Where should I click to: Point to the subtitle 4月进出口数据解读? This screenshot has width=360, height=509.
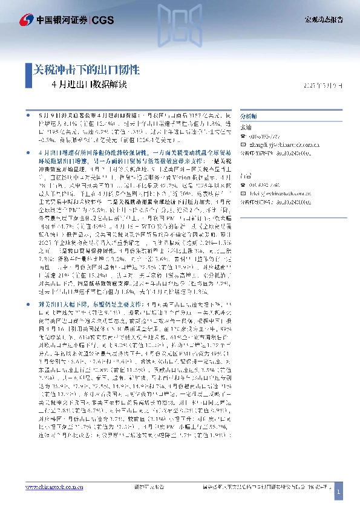pos(90,85)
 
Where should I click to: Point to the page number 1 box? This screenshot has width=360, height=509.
pos(339,493)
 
